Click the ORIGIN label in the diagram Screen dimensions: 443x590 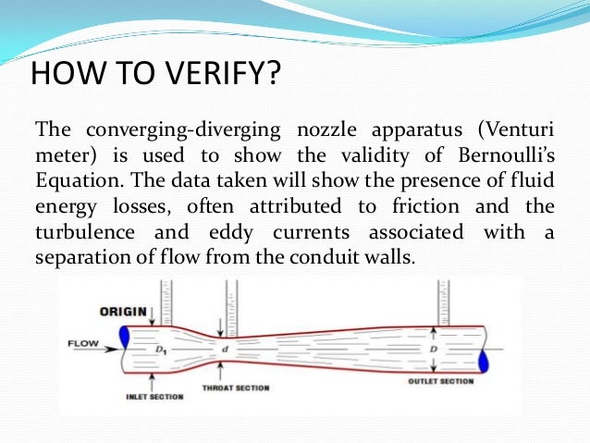(x=122, y=311)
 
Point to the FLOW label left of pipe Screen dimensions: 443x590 (x=81, y=344)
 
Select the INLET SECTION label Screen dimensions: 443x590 (x=154, y=397)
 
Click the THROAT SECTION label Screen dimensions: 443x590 (x=235, y=388)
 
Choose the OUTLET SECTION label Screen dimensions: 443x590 (x=440, y=381)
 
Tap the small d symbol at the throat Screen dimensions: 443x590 (x=224, y=349)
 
